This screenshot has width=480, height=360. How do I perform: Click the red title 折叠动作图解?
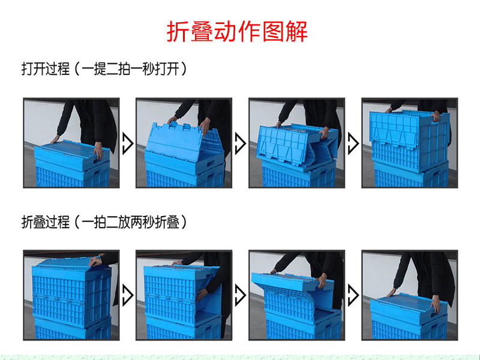[x=237, y=32]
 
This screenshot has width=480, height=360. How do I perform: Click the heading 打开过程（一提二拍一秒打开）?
[x=104, y=68]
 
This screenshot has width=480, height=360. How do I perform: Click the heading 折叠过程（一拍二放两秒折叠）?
[x=104, y=222]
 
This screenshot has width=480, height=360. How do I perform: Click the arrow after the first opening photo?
[x=128, y=143]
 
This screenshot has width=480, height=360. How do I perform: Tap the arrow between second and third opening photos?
[x=241, y=143]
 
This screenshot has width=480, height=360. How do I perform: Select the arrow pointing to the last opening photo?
[x=353, y=143]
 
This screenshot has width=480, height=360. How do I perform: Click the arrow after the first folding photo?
[x=128, y=295]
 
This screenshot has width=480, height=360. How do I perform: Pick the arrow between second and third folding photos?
[x=241, y=295]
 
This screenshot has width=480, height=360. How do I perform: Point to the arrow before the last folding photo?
[x=353, y=295]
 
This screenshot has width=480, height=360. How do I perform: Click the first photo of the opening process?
[x=71, y=143]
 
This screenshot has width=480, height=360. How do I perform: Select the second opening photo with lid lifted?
[x=184, y=143]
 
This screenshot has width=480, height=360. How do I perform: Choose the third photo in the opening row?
[x=297, y=143]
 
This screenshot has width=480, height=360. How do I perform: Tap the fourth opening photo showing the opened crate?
[x=410, y=143]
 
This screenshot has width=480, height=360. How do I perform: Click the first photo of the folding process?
[x=71, y=295]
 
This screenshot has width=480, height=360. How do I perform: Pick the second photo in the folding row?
[x=184, y=295]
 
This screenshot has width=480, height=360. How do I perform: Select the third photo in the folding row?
[x=297, y=295]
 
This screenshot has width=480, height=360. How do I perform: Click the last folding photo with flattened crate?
[x=410, y=295]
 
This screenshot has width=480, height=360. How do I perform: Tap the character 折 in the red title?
[x=178, y=32]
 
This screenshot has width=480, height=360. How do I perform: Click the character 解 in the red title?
[x=296, y=32]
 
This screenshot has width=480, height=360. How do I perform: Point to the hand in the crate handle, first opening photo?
[x=98, y=152]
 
